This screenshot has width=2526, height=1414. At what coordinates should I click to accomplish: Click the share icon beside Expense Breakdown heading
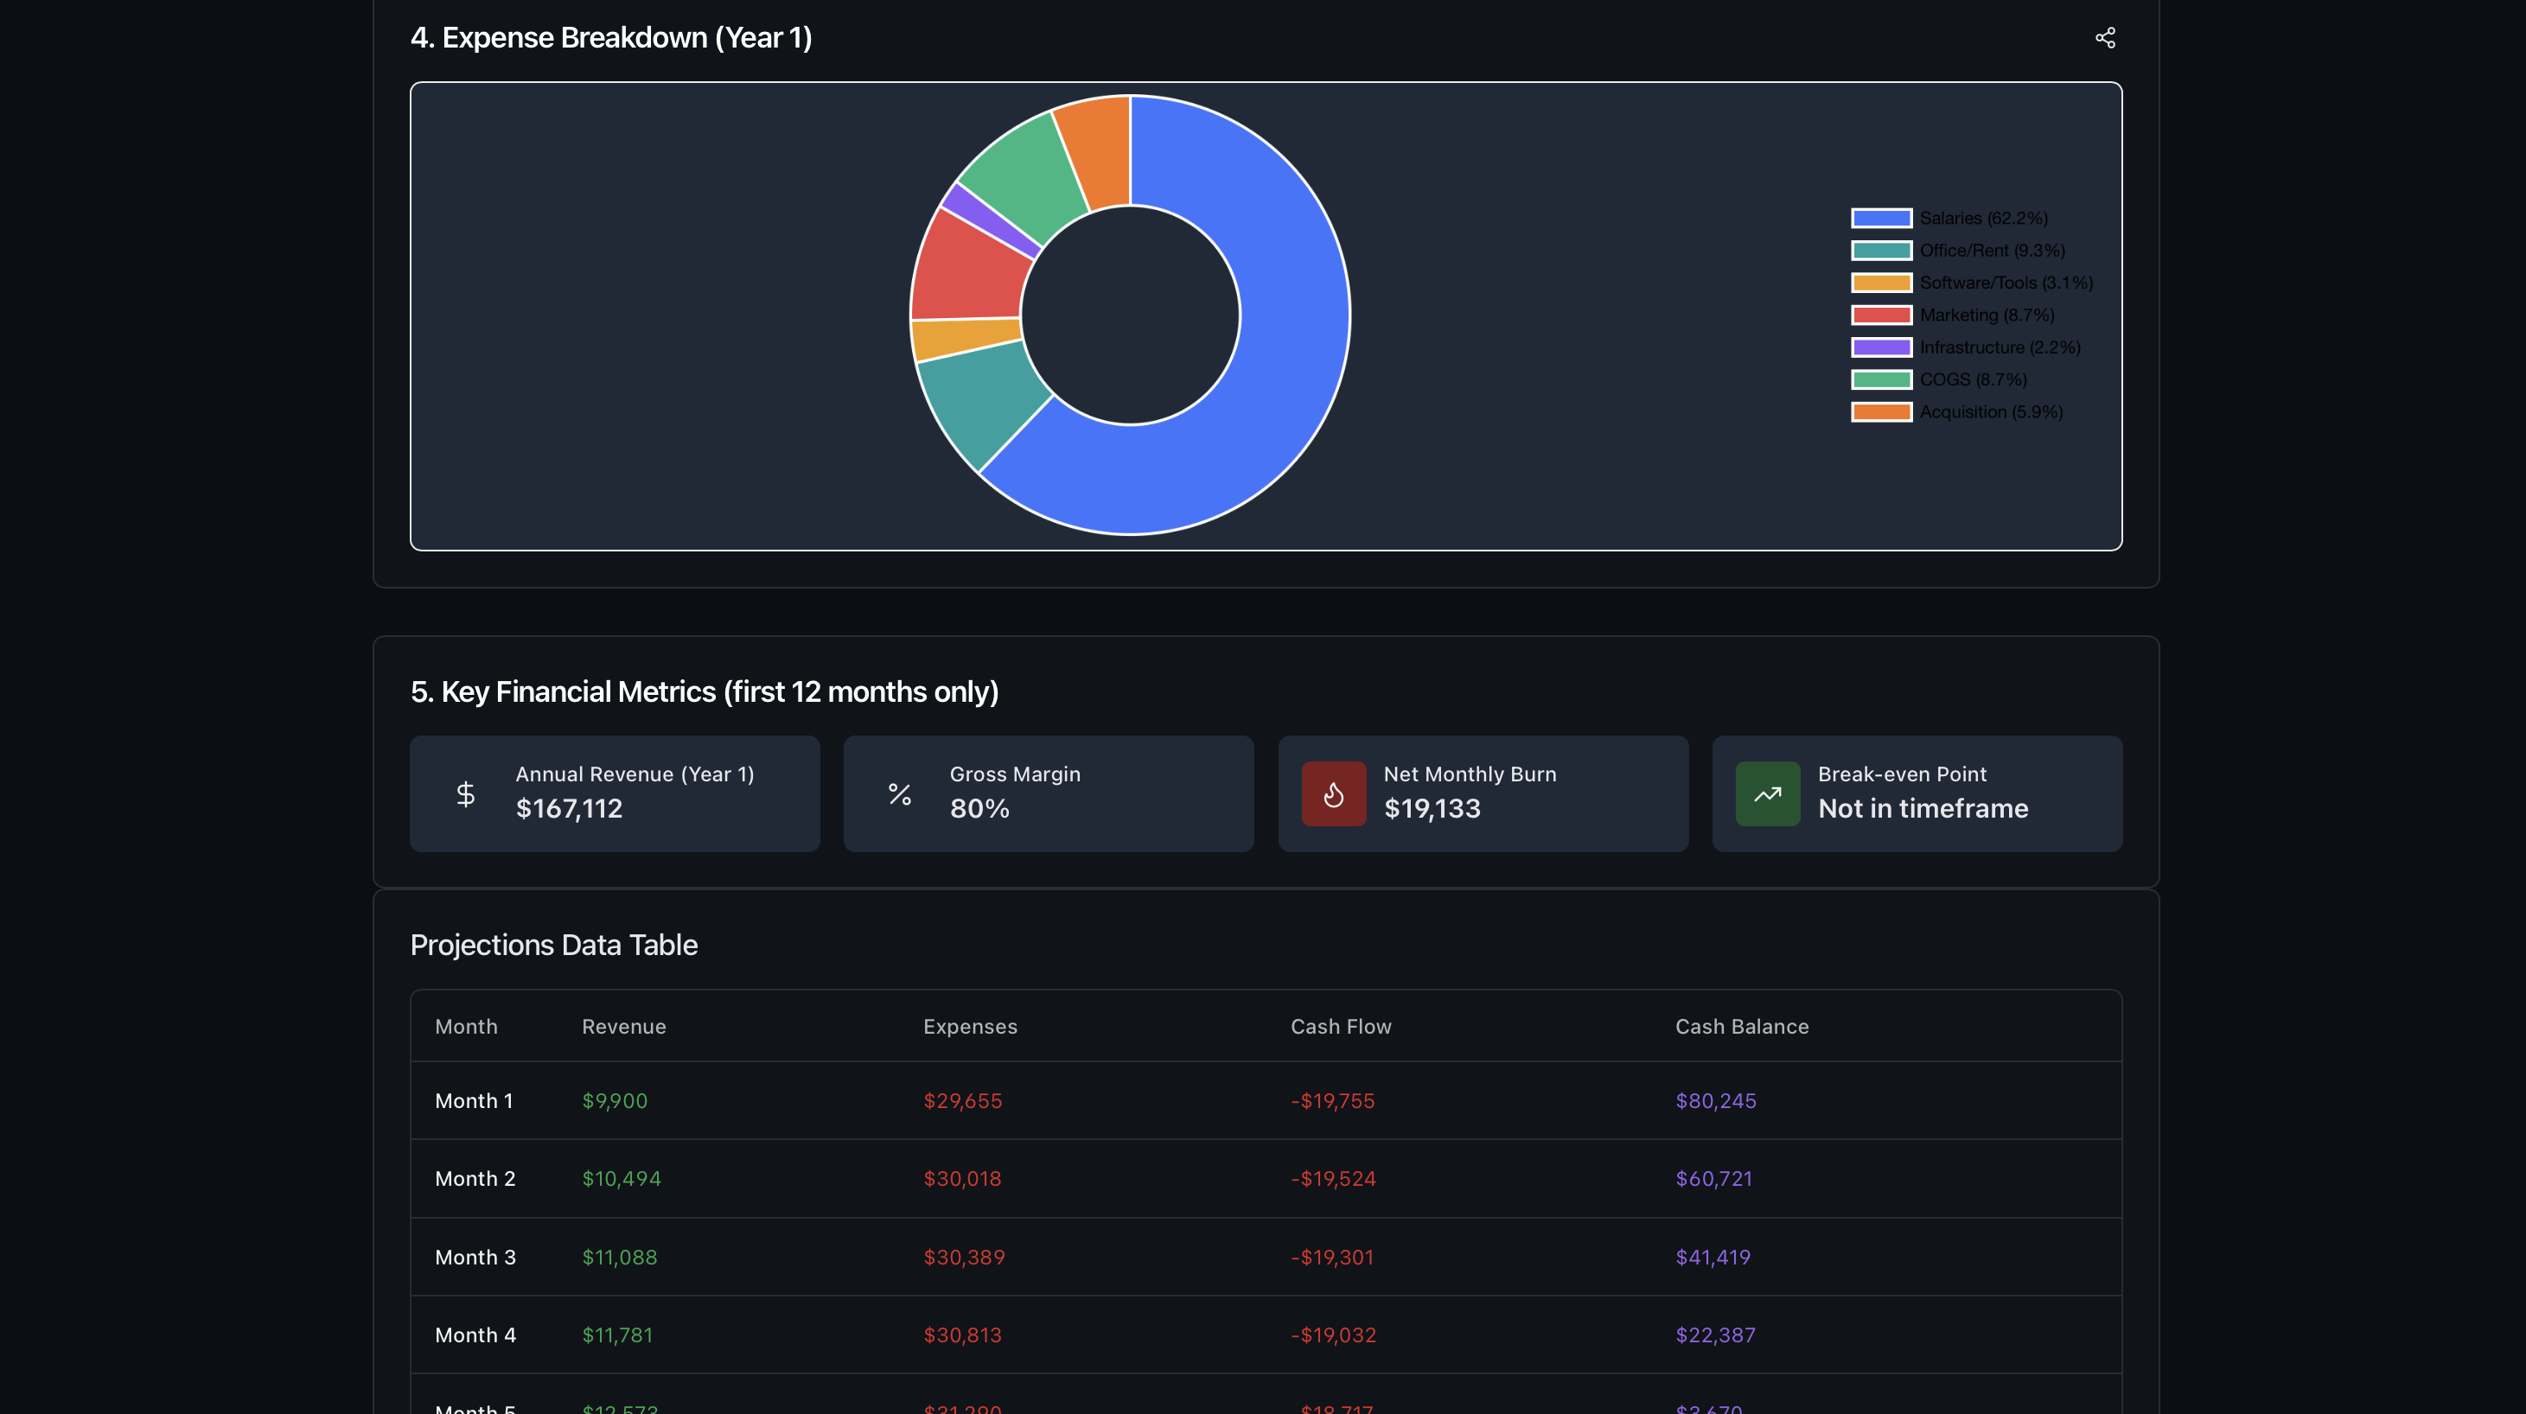coord(2104,37)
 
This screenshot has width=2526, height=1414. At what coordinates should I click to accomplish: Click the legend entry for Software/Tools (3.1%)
coord(2005,283)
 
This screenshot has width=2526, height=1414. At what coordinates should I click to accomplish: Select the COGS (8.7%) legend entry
coord(1972,379)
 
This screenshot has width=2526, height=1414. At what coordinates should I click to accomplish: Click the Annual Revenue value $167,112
coord(569,809)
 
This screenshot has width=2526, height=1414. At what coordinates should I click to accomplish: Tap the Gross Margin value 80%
coord(979,809)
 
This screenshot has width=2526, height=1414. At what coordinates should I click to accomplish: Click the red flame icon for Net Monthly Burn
coord(1333,794)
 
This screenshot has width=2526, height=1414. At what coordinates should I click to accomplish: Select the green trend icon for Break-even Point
coord(1767,794)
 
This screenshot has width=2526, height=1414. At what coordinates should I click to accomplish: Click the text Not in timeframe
coord(1922,809)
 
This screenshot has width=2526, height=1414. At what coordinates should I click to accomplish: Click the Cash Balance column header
coord(1742,1027)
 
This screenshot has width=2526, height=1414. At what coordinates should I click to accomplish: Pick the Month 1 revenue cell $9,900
coord(615,1101)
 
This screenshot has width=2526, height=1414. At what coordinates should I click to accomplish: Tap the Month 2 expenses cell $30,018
coord(962,1179)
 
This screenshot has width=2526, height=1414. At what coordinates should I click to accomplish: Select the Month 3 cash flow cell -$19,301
coord(1331,1257)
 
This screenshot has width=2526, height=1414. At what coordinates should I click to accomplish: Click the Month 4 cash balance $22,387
coord(1715,1334)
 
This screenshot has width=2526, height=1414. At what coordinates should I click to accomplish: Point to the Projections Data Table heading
coord(554,946)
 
